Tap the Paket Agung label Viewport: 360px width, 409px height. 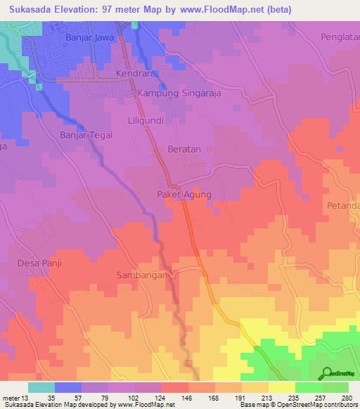tap(184, 195)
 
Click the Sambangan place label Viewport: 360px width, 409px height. tap(143, 275)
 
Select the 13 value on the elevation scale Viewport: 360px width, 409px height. tap(27, 398)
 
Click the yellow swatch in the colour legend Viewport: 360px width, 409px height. tap(281, 387)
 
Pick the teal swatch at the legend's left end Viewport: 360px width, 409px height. tap(41, 387)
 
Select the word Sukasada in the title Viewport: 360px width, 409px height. tap(34, 10)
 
